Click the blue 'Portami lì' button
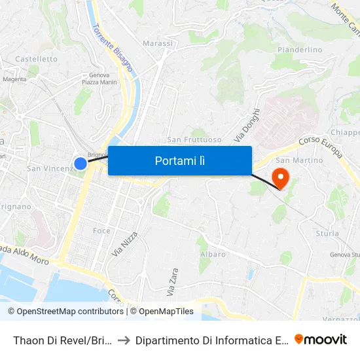click(179, 160)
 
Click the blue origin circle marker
click(80, 164)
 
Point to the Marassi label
click(158, 44)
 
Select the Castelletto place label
click(37, 59)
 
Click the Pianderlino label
click(300, 50)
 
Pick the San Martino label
click(299, 160)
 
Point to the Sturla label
click(327, 234)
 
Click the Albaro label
click(213, 254)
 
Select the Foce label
click(101, 230)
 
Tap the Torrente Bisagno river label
click(113, 48)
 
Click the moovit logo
click(321, 339)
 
